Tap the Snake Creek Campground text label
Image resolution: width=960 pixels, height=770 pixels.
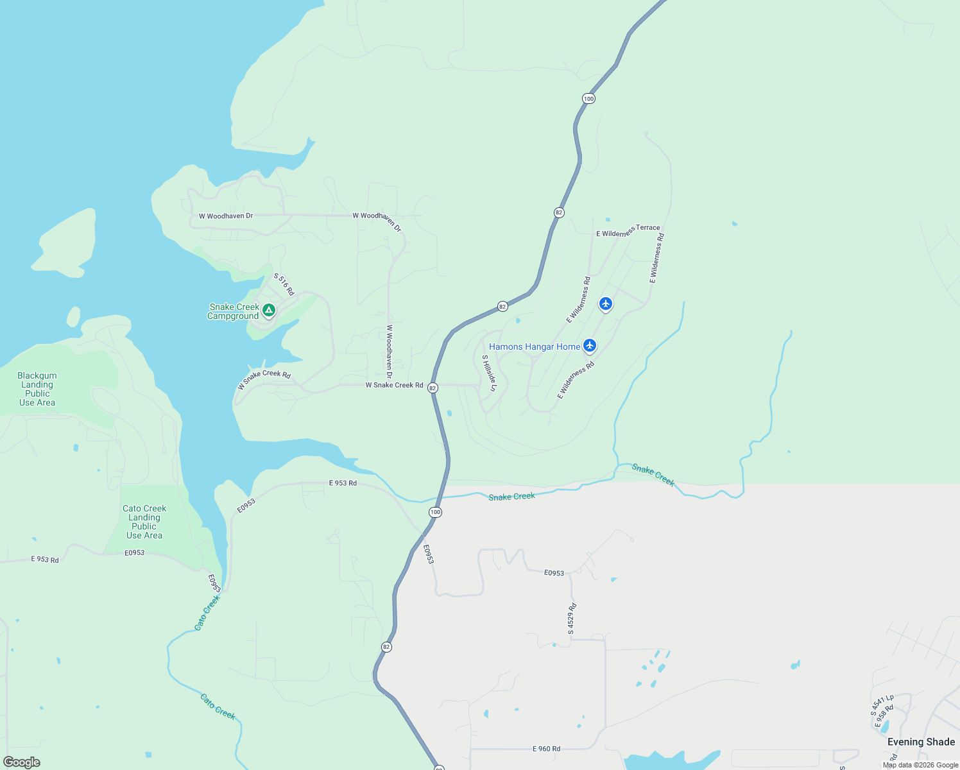[234, 311]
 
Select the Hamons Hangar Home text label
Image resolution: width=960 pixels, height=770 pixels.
[535, 346]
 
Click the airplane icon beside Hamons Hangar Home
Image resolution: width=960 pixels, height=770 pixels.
[590, 346]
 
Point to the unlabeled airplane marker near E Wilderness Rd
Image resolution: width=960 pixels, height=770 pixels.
[606, 304]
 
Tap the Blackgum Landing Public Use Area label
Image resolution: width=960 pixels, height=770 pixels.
[37, 389]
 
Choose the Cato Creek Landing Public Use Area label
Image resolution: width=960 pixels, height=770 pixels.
[144, 522]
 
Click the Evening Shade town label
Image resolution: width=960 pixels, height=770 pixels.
[921, 742]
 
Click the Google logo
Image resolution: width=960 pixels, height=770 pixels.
[22, 762]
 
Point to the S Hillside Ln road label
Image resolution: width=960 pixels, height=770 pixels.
[489, 373]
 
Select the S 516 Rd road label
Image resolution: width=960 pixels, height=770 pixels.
[284, 284]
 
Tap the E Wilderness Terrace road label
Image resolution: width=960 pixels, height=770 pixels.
[628, 231]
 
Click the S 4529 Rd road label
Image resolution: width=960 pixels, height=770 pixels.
[571, 619]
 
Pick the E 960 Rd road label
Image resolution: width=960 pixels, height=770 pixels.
[546, 749]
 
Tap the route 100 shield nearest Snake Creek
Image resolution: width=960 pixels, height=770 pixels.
[436, 512]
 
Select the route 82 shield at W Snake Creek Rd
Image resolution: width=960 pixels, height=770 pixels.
[433, 388]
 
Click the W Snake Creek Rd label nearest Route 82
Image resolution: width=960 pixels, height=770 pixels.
[394, 385]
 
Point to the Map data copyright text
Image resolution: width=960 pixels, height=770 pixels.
[920, 765]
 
